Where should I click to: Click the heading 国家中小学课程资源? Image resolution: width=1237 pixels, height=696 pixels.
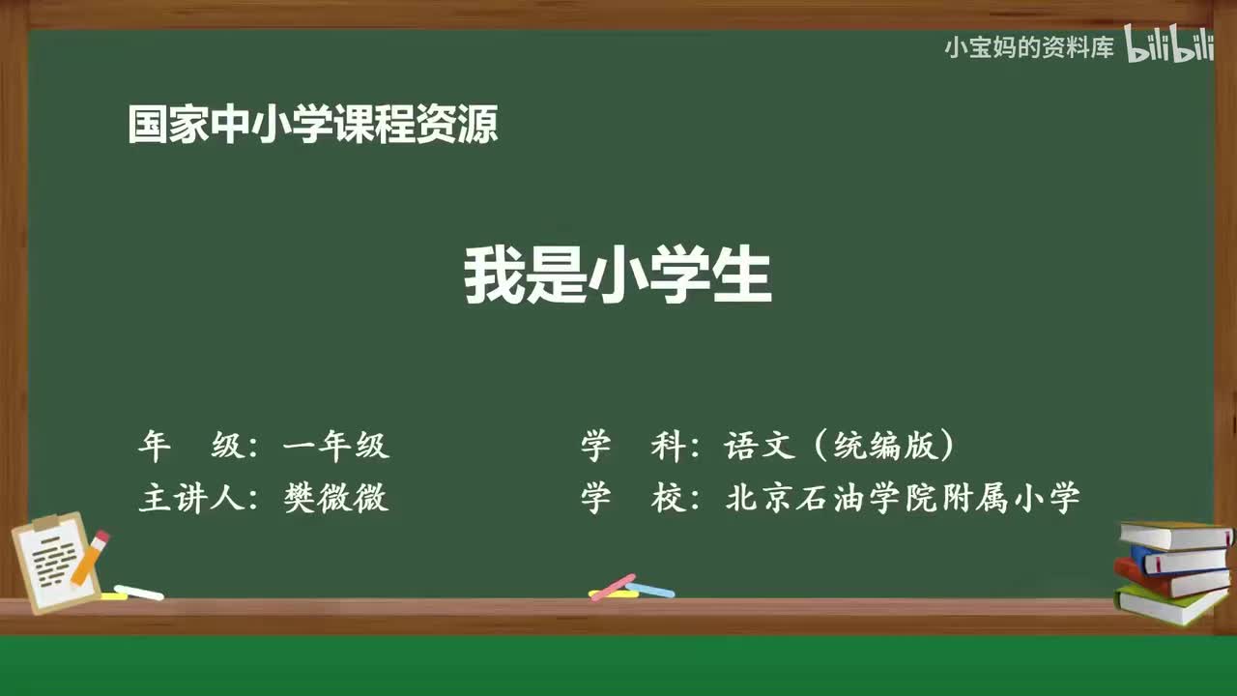click(x=313, y=126)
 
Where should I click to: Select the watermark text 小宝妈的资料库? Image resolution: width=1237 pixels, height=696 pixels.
click(x=1029, y=47)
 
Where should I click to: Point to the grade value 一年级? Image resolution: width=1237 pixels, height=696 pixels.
click(x=335, y=446)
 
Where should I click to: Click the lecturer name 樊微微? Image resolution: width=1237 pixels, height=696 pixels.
click(x=335, y=497)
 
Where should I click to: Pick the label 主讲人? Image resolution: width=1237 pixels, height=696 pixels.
click(x=188, y=497)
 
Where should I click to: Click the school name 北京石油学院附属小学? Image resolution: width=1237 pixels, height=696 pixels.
click(x=902, y=497)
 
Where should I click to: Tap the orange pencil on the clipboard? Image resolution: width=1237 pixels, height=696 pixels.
click(x=89, y=558)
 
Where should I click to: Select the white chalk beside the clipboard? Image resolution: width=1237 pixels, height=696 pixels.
click(x=138, y=592)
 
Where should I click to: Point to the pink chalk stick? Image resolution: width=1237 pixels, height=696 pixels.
click(x=613, y=587)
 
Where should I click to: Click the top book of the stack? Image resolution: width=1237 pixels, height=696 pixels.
click(x=1173, y=535)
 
